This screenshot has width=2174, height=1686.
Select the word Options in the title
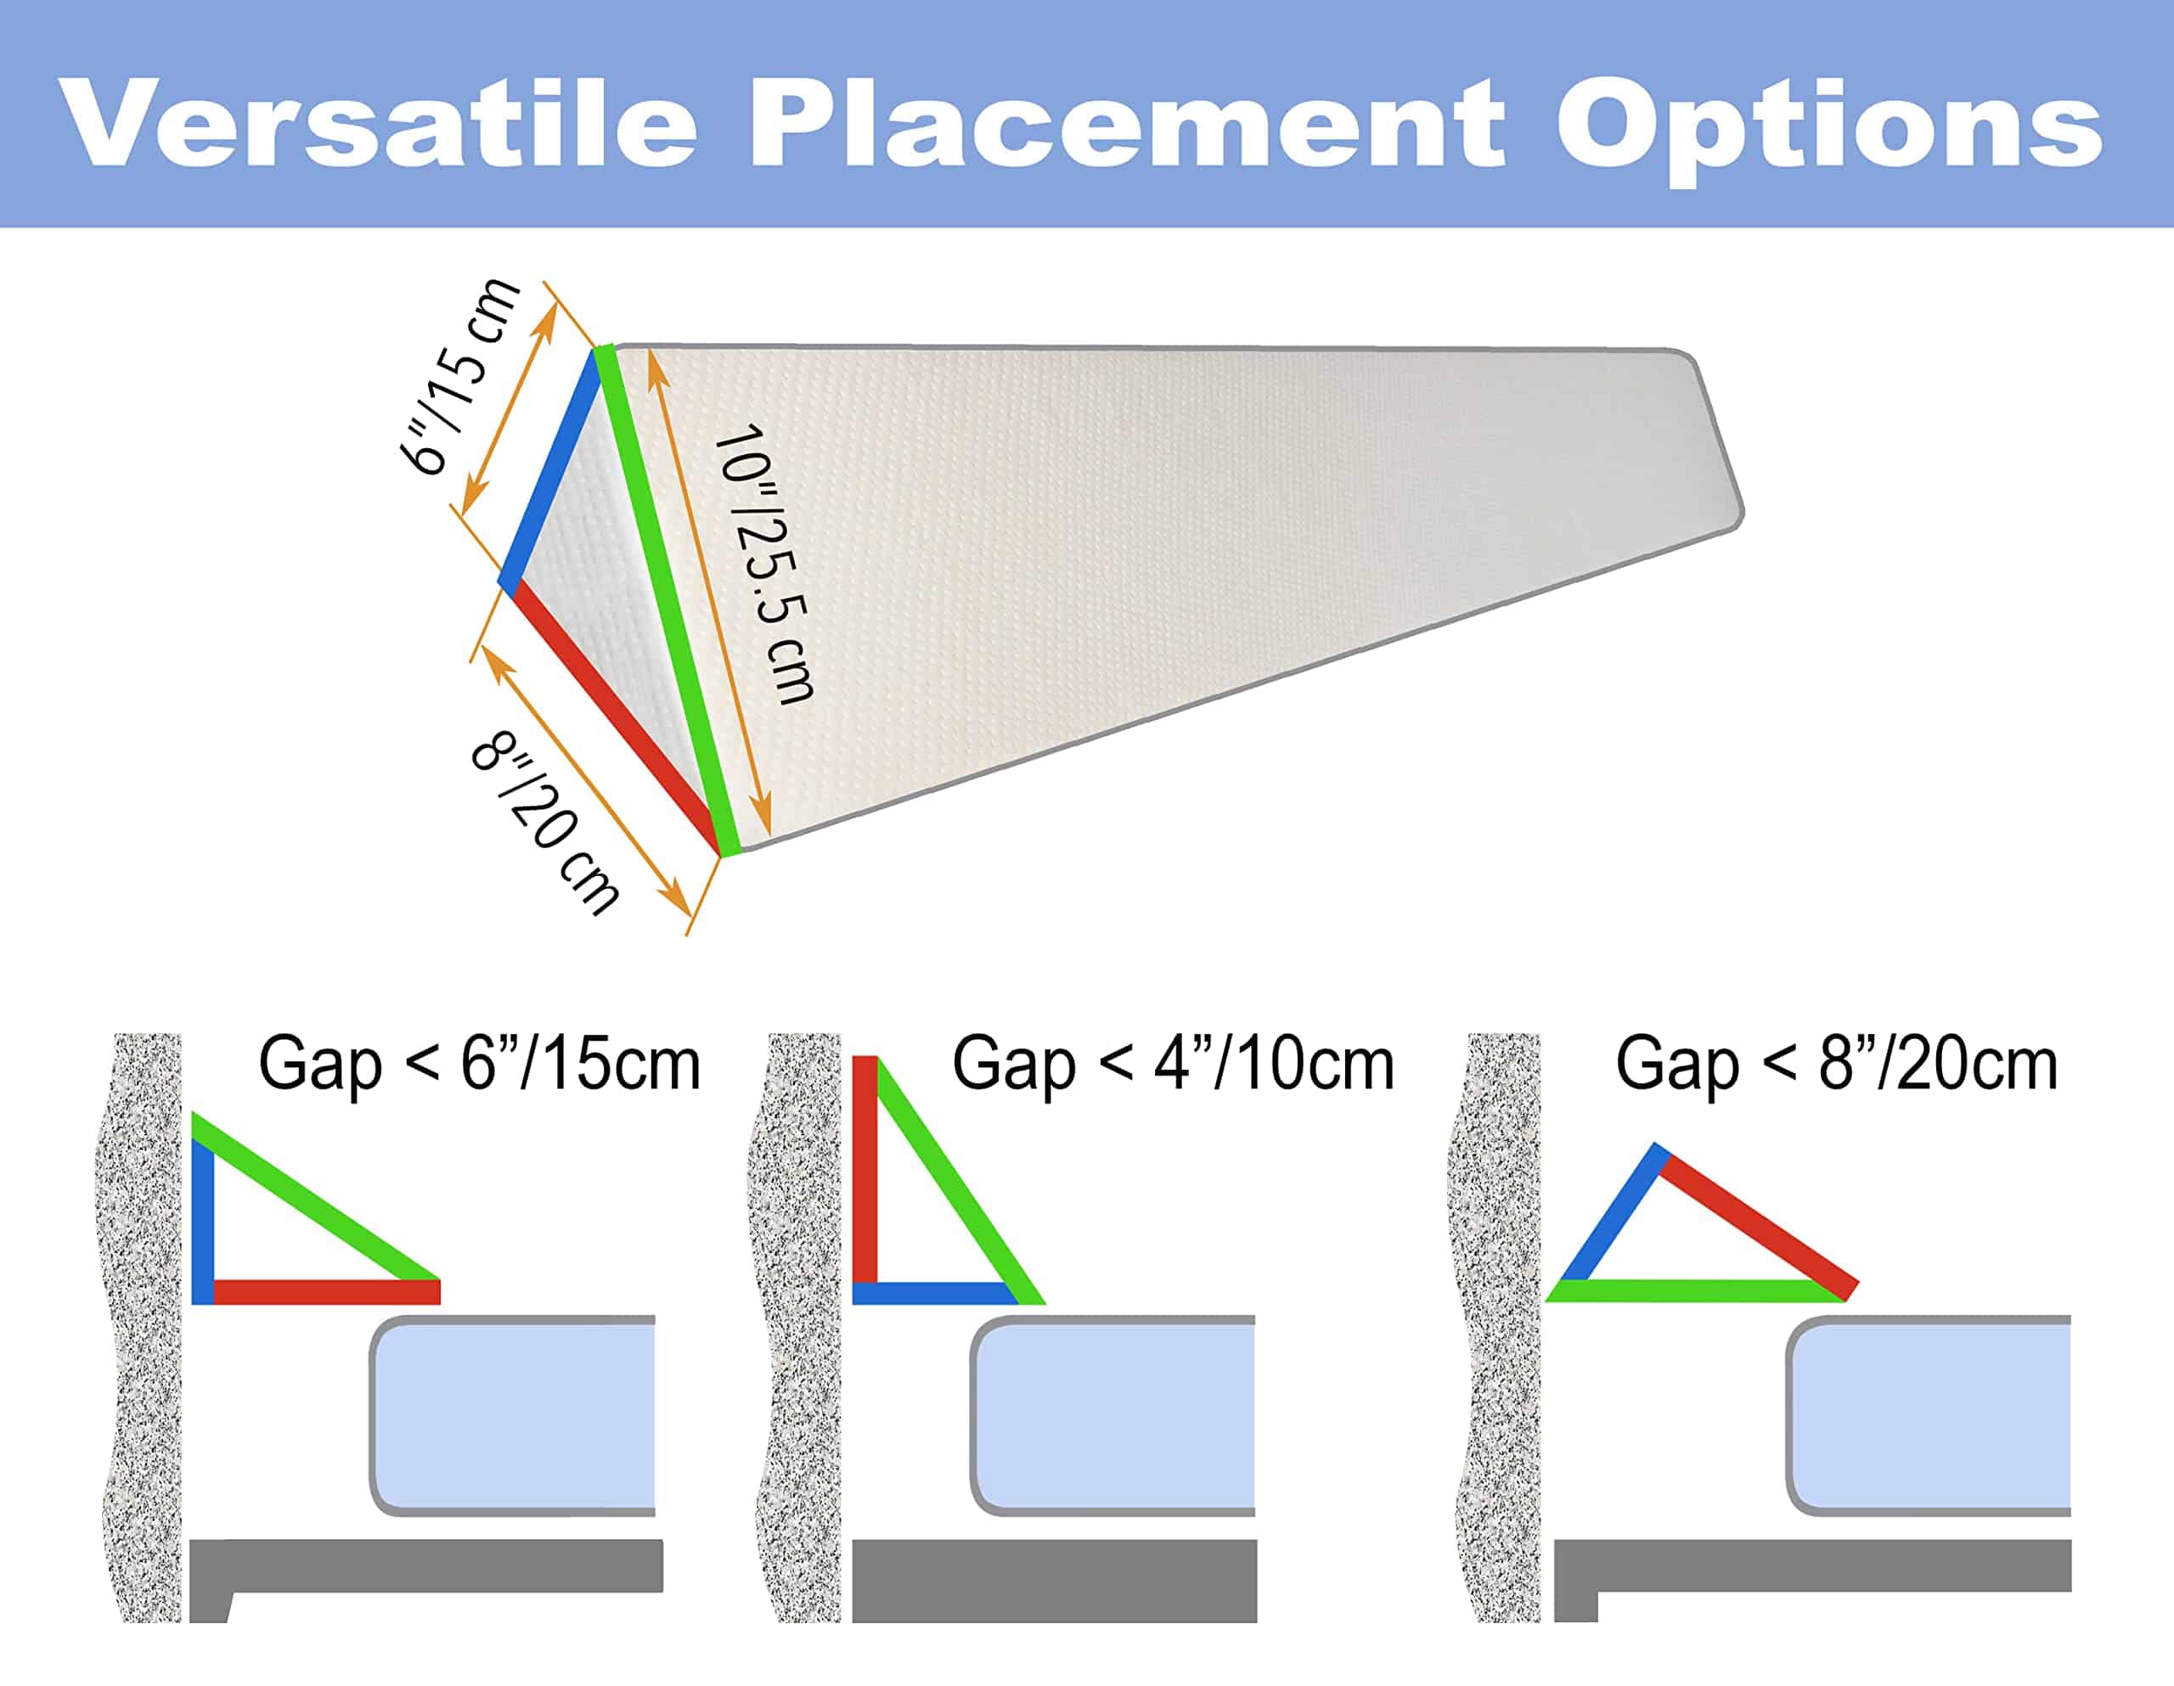(x=1829, y=129)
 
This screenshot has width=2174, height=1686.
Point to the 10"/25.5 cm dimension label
(x=764, y=565)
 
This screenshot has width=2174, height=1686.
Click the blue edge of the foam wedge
(x=550, y=469)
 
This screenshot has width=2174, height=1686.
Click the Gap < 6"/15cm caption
(x=479, y=1064)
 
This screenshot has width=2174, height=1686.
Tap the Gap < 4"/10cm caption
(x=1173, y=1064)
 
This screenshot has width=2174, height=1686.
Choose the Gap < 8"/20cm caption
(x=1837, y=1064)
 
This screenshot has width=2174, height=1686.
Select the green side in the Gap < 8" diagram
(x=1695, y=1292)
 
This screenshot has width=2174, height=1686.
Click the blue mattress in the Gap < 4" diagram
(x=1112, y=1415)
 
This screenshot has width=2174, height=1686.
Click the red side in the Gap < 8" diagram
(x=1756, y=1223)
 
